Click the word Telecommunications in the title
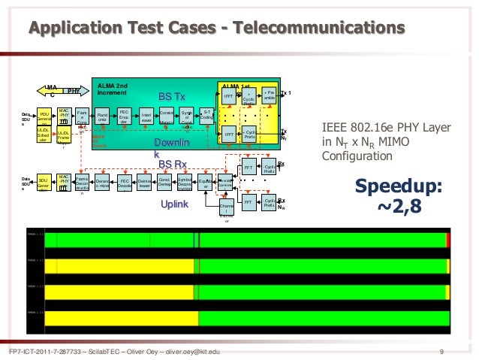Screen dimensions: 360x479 pyautogui.click(x=320, y=29)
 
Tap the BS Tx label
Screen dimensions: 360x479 pyautogui.click(x=171, y=98)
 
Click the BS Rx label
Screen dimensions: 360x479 pyautogui.click(x=171, y=164)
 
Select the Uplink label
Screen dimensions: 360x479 pyautogui.click(x=174, y=204)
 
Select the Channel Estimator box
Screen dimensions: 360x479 pyautogui.click(x=226, y=210)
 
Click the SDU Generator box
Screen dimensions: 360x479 pyautogui.click(x=44, y=183)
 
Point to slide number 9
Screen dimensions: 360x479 pyautogui.click(x=442, y=352)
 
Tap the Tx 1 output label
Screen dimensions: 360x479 pyautogui.click(x=285, y=93)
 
